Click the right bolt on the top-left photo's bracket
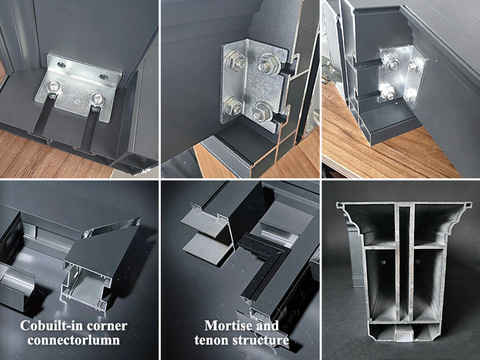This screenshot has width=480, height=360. [95, 98]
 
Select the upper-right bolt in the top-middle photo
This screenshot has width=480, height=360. [266, 65]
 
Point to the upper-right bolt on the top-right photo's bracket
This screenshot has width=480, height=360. [416, 67]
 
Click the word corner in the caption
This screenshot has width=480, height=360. [109, 326]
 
